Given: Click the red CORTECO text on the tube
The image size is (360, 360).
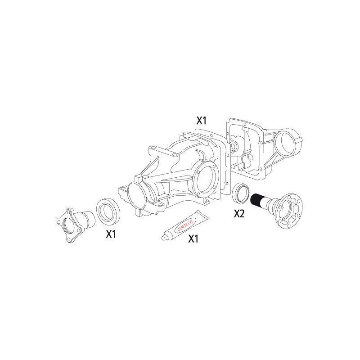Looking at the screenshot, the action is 185,225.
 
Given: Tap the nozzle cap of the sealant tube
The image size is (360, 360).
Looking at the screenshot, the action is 164,238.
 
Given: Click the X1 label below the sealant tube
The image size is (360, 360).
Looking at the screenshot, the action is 193,239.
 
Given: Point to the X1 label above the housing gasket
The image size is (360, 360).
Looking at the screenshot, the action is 201,121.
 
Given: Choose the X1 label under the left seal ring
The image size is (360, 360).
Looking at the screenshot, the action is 111,234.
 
